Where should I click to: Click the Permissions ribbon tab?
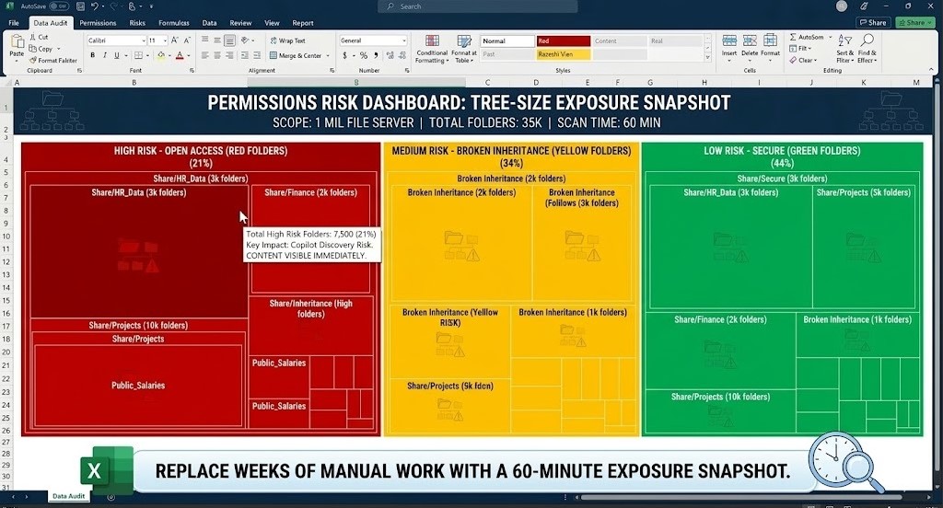coord(98,23)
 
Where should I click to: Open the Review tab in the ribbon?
coord(240,23)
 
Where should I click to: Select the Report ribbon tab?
coord(303,23)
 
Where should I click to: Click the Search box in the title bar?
coord(479,6)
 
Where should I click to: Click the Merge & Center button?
coord(300,55)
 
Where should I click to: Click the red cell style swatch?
coord(563,41)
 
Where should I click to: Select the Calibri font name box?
coord(116,40)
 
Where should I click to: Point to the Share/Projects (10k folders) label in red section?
coord(138,326)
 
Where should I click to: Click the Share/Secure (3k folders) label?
coord(782,179)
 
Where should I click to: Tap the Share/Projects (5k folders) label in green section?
coord(863,193)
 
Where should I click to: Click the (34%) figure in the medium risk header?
coord(511,164)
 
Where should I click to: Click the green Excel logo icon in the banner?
coord(95,471)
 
